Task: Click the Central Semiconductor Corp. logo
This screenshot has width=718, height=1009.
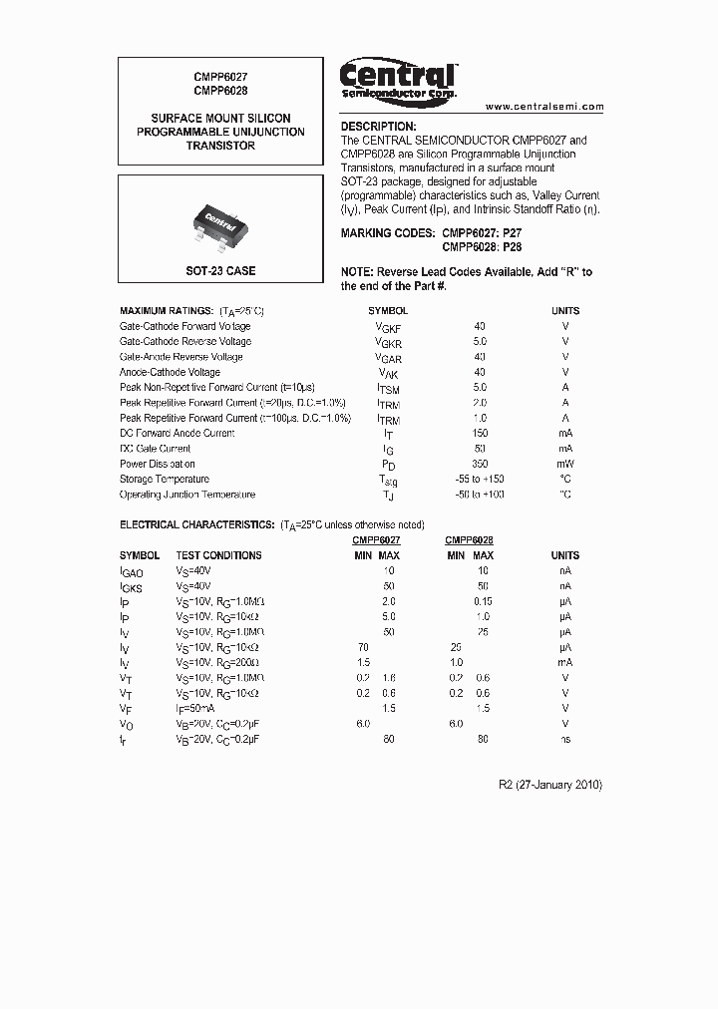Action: coord(398,79)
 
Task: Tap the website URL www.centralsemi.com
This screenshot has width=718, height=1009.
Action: coord(544,106)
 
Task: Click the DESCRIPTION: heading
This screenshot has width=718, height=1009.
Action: coord(378,127)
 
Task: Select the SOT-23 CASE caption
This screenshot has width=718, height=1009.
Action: coord(220,271)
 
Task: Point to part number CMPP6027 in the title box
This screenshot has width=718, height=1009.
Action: coord(220,76)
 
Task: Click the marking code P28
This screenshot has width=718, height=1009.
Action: coord(512,246)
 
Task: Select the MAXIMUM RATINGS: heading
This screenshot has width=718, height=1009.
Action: coord(166,311)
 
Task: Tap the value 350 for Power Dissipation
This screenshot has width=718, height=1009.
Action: coord(480,464)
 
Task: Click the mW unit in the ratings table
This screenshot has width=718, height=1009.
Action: coord(565,464)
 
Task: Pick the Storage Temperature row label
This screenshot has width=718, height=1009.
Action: coord(166,480)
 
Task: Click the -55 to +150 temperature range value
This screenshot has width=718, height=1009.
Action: coord(480,480)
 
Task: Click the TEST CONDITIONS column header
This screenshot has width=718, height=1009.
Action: coord(218,555)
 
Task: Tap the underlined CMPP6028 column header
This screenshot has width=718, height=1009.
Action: coord(469,539)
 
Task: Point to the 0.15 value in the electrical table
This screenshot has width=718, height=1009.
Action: coord(483,601)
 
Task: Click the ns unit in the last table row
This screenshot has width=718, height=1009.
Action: coord(564,739)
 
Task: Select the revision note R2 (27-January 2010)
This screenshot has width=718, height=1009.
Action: coord(549,785)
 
